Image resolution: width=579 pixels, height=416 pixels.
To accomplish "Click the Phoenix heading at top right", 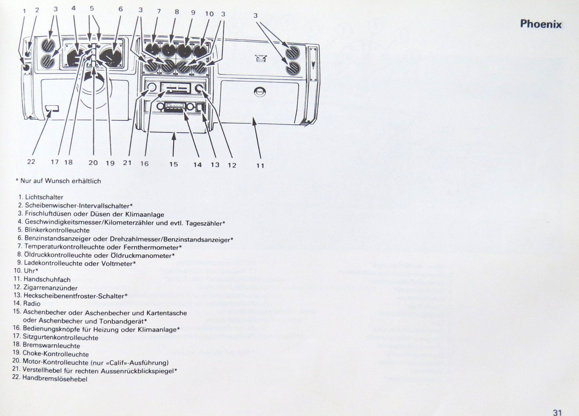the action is coord(541,24).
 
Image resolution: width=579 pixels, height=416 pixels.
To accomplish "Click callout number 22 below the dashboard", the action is coord(31,161).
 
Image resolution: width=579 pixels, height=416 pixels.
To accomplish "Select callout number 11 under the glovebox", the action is coord(260,166).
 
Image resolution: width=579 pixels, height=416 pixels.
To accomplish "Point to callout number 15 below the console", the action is coord(174,164).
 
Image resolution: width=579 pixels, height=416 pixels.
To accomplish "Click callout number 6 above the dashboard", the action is coord(120,9).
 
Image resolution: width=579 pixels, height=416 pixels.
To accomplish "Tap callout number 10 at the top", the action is coord(209,14).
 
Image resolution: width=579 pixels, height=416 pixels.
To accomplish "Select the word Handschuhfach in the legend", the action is coord(47,280).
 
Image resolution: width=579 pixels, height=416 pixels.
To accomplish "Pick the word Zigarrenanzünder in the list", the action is coord(50,288).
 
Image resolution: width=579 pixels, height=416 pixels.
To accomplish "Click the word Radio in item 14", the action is coord(32,303).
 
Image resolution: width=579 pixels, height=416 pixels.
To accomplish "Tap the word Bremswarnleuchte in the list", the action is coord(51,346).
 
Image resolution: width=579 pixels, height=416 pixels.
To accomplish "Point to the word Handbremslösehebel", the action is coord(55,379).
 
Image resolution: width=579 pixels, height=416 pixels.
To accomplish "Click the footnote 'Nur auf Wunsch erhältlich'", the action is coord(59,181).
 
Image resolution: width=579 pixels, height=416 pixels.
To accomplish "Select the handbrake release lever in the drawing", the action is coord(52,109).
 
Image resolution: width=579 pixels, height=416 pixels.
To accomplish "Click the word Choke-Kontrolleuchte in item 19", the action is coord(56,354).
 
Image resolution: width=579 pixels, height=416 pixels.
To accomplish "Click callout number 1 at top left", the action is coord(24,11).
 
